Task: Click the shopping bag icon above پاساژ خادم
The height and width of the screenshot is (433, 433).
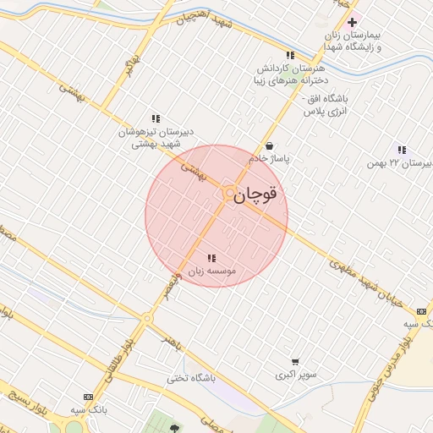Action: [269, 145]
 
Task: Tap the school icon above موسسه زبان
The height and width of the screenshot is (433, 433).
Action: [211, 258]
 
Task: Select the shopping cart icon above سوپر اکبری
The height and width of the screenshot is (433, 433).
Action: [294, 361]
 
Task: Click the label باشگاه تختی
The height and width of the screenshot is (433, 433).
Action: [191, 377]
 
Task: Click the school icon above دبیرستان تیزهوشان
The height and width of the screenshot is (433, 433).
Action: [156, 119]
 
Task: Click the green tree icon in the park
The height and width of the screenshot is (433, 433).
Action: [175, 427]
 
